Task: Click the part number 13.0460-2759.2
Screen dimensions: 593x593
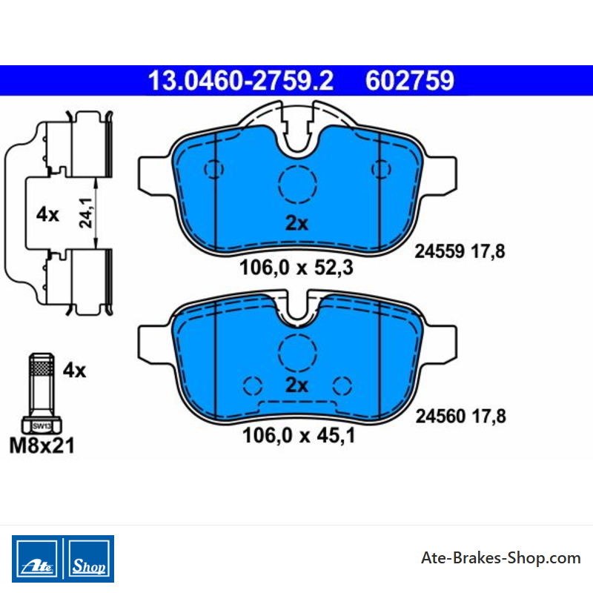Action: click(x=240, y=81)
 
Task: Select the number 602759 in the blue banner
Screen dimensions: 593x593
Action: click(x=410, y=81)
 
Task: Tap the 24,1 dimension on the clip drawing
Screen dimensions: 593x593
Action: click(x=86, y=213)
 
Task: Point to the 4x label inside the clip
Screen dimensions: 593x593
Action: click(x=47, y=214)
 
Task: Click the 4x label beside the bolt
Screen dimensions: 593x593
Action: click(x=75, y=370)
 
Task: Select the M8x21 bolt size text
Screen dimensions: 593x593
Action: click(x=42, y=445)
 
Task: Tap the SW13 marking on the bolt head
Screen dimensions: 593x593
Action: click(x=42, y=426)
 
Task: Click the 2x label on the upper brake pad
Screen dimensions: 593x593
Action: click(x=297, y=223)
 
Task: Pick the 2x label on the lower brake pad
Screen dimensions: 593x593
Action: click(x=297, y=385)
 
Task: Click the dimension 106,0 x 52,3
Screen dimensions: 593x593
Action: click(x=296, y=268)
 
